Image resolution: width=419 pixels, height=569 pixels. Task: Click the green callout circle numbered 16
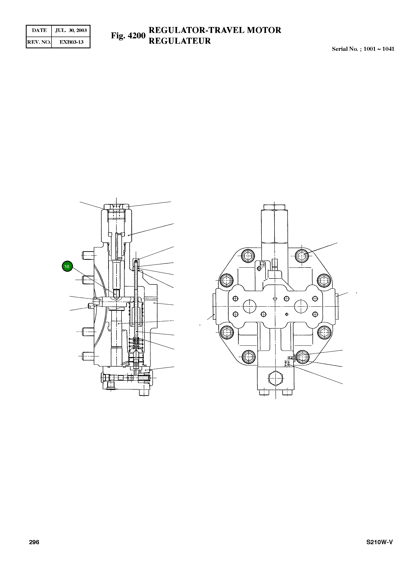(x=67, y=266)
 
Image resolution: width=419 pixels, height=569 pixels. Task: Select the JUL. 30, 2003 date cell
(x=71, y=30)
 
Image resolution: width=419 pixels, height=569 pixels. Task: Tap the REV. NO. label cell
(x=39, y=42)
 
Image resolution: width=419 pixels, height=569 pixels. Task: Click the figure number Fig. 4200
(x=128, y=36)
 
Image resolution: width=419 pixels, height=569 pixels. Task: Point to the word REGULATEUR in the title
(x=180, y=41)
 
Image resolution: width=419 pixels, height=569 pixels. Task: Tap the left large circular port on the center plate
(x=250, y=306)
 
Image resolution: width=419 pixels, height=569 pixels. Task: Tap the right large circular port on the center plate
(x=301, y=306)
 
